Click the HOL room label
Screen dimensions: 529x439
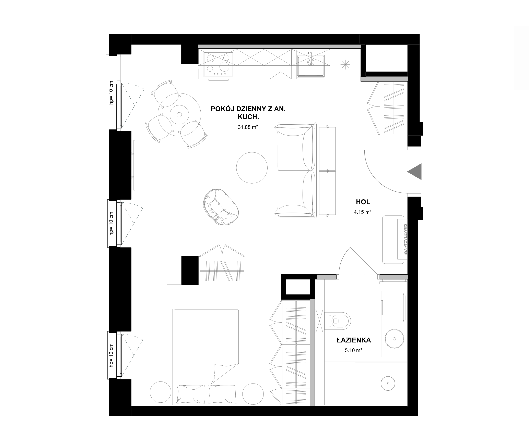click(363, 202)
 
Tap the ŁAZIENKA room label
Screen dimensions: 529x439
click(354, 340)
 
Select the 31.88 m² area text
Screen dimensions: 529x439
click(248, 127)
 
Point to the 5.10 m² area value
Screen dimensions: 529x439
click(353, 350)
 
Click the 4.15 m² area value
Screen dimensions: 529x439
click(363, 212)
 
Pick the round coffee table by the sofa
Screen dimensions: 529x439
click(252, 168)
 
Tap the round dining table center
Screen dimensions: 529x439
click(179, 115)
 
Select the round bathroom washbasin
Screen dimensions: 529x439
click(395, 339)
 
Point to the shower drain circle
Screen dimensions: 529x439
click(388, 383)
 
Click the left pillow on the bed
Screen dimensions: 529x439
click(191, 394)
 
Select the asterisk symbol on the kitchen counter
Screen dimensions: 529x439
click(345, 65)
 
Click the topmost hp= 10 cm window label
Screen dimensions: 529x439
click(111, 93)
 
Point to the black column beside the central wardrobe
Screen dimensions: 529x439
click(190, 271)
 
